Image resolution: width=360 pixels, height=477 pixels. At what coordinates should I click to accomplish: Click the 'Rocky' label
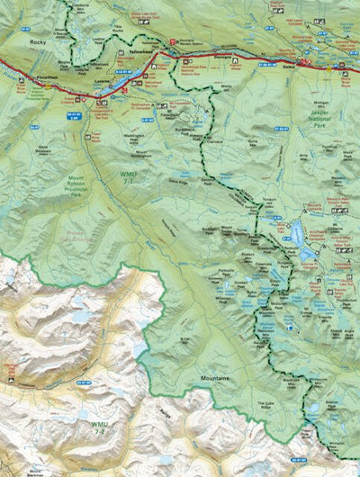click(37, 42)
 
